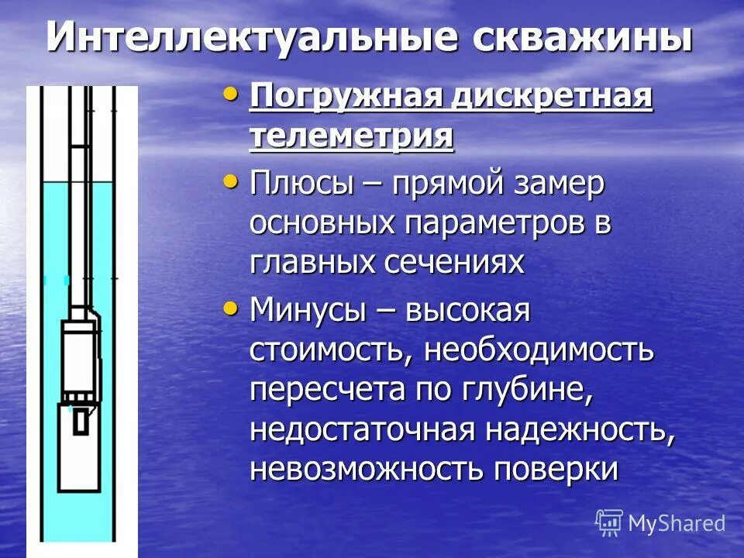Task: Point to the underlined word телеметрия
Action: (351, 137)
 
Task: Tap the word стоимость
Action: (329, 351)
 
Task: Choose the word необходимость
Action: (539, 351)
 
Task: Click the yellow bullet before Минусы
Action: (230, 308)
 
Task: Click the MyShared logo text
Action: (676, 523)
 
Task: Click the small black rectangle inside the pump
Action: (80, 421)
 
